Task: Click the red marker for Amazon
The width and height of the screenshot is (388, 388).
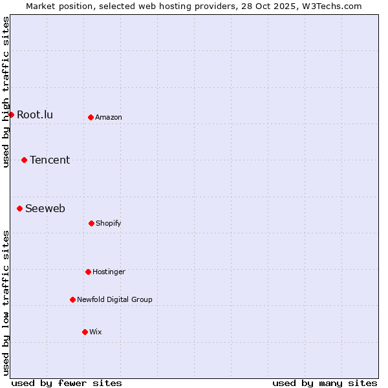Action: (x=91, y=117)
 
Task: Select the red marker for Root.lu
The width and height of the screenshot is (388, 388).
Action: (x=11, y=114)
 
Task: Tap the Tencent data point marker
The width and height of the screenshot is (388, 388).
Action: (x=24, y=160)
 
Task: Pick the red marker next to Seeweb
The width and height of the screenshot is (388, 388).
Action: (x=19, y=208)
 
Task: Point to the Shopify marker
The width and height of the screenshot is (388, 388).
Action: (x=91, y=223)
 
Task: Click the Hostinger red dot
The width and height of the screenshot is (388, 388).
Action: (x=88, y=272)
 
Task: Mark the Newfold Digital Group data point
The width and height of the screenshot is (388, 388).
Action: (x=72, y=299)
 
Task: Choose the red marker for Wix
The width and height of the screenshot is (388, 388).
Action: (x=85, y=332)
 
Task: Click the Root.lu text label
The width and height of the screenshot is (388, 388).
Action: (x=35, y=115)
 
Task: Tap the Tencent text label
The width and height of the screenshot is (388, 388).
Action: (x=50, y=160)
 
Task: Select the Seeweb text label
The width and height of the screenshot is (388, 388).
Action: (x=45, y=209)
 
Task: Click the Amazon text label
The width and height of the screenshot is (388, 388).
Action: (x=109, y=118)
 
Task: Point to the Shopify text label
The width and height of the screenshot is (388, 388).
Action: (x=109, y=224)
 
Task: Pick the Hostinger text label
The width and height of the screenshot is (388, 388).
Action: (x=109, y=272)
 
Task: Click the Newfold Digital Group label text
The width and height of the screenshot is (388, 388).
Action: (x=114, y=300)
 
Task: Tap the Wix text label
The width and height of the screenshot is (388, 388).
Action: (x=96, y=332)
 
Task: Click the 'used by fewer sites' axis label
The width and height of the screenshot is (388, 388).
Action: (x=67, y=383)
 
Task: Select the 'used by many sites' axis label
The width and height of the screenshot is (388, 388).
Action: (x=325, y=383)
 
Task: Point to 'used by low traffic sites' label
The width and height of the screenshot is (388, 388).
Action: (x=6, y=303)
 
